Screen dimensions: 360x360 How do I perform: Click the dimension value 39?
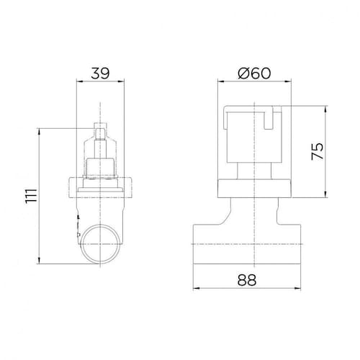point(100,73)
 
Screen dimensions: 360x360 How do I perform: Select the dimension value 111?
point(32,196)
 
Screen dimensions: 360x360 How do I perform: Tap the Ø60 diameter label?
point(254,73)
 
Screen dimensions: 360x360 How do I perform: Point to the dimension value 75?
point(318,151)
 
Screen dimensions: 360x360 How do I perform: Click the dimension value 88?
point(247,280)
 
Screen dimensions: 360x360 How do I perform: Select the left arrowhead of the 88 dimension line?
point(197,288)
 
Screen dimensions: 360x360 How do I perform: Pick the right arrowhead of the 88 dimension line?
point(297,288)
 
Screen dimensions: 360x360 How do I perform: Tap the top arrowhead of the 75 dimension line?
point(325,109)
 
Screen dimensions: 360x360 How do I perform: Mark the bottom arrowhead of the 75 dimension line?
point(325,194)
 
